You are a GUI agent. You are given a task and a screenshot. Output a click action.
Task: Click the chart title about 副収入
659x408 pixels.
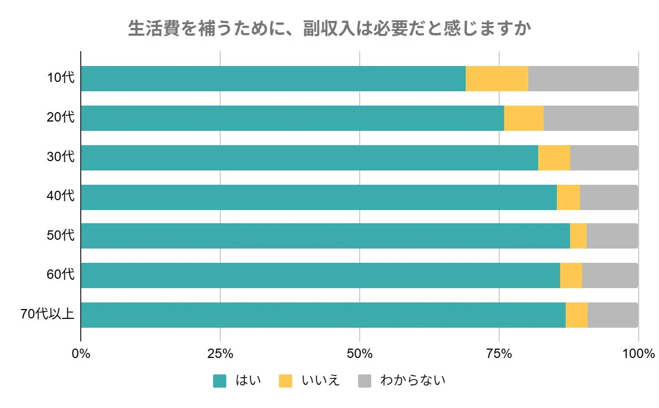tap(329, 29)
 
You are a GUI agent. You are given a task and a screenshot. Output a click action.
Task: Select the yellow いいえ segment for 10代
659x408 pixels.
tap(496, 79)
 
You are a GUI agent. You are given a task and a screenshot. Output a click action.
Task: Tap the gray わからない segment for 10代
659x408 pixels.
tap(583, 79)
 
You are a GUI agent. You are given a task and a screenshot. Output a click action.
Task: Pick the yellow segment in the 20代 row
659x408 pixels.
tap(523, 118)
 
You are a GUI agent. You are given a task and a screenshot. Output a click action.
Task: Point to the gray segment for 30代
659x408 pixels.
tap(604, 158)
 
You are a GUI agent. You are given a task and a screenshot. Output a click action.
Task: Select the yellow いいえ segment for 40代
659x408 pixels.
tap(568, 197)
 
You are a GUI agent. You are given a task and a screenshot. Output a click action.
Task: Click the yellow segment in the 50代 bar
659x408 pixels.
tap(578, 236)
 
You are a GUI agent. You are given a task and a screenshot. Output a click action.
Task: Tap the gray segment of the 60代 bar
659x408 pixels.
tap(610, 275)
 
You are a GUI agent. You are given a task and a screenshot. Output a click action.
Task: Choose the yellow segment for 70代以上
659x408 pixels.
tap(576, 315)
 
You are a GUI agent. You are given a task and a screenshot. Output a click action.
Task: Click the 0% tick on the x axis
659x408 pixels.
tap(81, 353)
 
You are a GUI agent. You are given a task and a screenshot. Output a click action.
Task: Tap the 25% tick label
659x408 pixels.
tap(220, 353)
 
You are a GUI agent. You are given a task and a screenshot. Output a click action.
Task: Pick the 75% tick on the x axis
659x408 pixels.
tap(499, 353)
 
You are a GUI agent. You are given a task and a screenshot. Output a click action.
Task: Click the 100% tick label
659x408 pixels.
tap(638, 353)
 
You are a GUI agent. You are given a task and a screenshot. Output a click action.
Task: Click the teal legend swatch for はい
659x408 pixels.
tap(220, 381)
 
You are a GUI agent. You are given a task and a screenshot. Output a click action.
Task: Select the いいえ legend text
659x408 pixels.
tap(321, 381)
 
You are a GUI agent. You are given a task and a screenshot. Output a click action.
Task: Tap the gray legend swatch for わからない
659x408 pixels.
tap(365, 381)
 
